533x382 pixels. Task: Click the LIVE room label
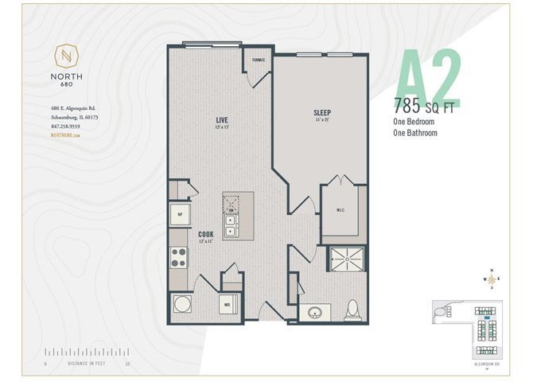point(222,121)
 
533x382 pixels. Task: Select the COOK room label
point(205,235)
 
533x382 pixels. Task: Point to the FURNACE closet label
point(259,60)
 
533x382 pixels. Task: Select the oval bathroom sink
point(315,311)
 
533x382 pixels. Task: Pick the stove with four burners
point(179,257)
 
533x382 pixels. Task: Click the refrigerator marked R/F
point(180,213)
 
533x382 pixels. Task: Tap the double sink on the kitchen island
point(231,216)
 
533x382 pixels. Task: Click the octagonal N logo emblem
point(67,56)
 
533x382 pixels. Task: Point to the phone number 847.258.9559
point(60,126)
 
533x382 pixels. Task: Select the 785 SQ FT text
point(425,107)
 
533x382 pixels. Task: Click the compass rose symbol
point(493,279)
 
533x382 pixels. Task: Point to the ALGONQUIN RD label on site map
point(485,364)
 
